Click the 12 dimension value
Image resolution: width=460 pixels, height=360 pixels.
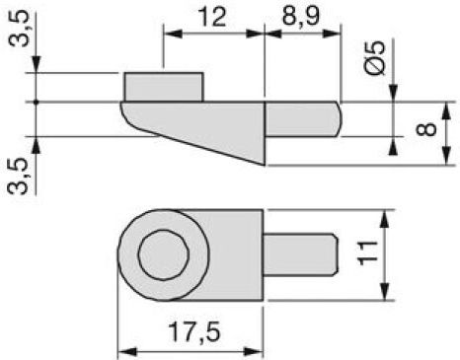tap(212, 17)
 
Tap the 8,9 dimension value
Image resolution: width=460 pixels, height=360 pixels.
tap(301, 16)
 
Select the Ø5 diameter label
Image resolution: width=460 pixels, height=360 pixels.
tap(375, 58)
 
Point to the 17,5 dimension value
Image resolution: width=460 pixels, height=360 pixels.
tap(193, 331)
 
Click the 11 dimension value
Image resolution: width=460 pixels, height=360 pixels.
tap(367, 252)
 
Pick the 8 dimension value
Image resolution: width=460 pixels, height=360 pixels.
tap(426, 129)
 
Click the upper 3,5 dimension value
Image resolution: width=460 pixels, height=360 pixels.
tap(19, 29)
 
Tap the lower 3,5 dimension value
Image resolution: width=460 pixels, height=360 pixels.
tap(18, 177)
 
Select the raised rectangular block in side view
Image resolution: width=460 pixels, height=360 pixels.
tap(164, 87)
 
